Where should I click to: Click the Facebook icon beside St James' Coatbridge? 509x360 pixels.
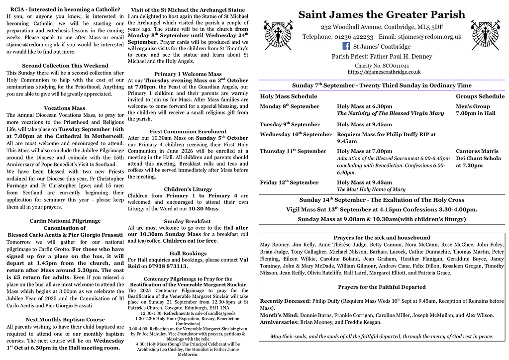point(347,46)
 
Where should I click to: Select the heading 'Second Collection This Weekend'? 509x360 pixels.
point(65,66)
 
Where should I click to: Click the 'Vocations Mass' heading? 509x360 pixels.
point(65,108)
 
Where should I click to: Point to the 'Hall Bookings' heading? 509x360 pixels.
point(188,253)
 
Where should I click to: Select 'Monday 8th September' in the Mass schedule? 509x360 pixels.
point(290,106)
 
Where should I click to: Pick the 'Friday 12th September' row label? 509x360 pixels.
point(289,182)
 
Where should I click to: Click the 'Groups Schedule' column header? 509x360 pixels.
point(480,96)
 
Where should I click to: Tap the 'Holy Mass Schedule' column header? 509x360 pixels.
point(289,96)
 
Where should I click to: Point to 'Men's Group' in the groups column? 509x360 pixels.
point(473,106)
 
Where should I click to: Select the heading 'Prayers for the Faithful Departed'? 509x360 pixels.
point(382,287)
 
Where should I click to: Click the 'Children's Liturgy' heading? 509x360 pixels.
point(188,189)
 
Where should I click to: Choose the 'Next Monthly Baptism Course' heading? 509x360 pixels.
point(65,319)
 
